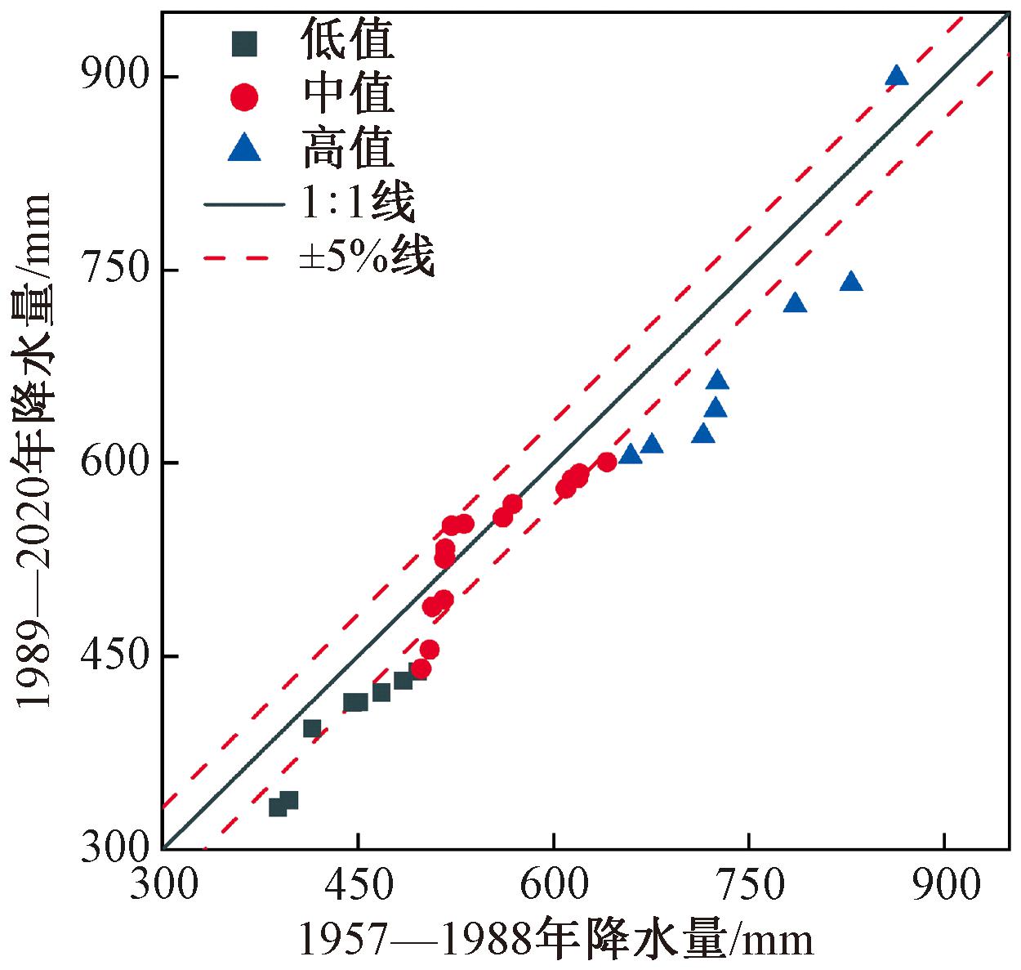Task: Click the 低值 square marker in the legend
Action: [x=244, y=43]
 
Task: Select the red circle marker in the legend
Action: [x=244, y=97]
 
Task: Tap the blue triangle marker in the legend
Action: [x=244, y=150]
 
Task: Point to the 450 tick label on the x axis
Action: [x=358, y=885]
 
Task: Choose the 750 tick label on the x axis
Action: [x=748, y=885]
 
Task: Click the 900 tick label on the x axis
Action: [x=944, y=885]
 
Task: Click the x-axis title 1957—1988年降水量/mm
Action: [x=556, y=940]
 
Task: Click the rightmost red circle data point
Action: [x=607, y=463]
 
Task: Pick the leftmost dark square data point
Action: [x=278, y=807]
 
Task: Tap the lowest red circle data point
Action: [x=421, y=669]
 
